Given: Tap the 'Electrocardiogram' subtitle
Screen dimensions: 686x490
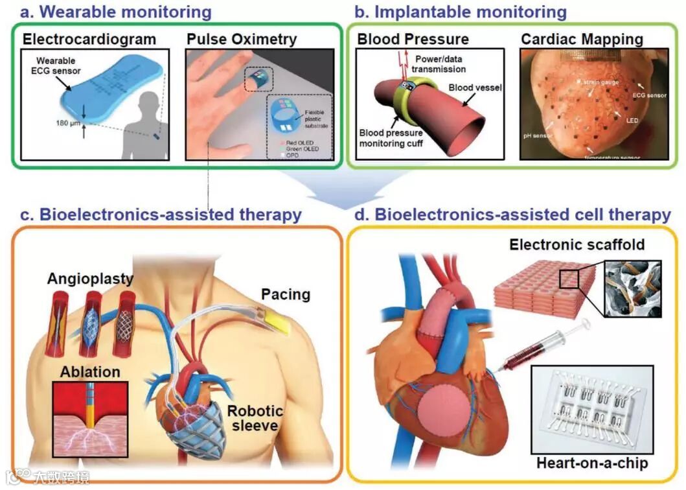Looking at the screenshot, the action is [x=89, y=39].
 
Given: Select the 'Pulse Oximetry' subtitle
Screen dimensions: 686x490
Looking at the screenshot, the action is [x=242, y=39].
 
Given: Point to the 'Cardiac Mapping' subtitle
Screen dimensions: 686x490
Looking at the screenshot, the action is [x=582, y=39].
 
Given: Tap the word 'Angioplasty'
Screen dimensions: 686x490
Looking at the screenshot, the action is [x=90, y=279].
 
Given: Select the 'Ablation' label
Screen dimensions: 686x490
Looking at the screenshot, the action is [x=90, y=372].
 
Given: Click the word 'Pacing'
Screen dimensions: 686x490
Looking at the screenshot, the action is [x=286, y=294].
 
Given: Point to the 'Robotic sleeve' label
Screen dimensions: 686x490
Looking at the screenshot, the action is [x=255, y=419].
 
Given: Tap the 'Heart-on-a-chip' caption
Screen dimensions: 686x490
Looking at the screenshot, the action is [x=591, y=463].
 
